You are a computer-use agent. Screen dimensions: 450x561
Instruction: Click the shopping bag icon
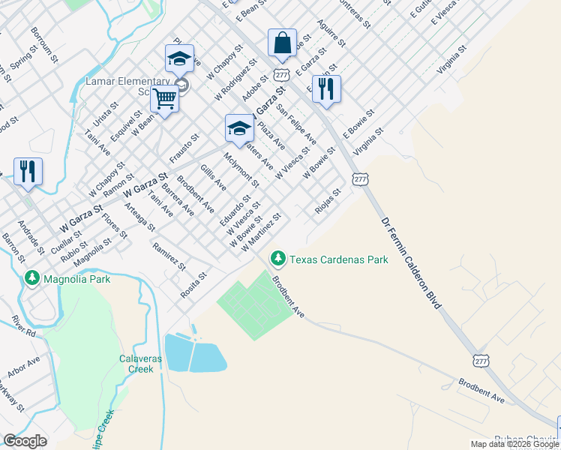tap(282, 43)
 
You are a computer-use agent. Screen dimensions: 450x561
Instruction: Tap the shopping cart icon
tap(164, 98)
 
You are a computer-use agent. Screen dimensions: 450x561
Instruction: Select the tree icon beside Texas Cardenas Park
tap(279, 259)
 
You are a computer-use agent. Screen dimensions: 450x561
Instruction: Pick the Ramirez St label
tap(168, 256)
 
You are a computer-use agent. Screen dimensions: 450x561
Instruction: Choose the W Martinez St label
tap(260, 232)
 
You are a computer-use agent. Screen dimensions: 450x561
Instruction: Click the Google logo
tap(25, 441)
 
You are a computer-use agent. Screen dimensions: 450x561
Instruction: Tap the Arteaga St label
tap(140, 217)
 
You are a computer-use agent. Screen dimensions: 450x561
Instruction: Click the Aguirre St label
tap(330, 32)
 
